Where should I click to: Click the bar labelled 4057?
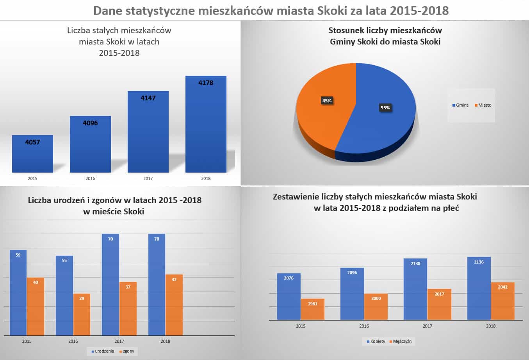[32, 154]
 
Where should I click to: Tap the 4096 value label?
[90, 123]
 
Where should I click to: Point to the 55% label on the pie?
[385, 108]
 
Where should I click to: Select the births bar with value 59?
[18, 292]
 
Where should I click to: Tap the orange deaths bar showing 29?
[82, 314]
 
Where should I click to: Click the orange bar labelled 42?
[174, 305]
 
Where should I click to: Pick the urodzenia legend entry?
[102, 351]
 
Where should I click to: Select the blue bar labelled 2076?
[289, 297]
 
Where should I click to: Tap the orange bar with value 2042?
[502, 301]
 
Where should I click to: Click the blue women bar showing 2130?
[415, 289]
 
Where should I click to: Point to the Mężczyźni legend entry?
[401, 341]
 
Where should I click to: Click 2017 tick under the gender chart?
[427, 326]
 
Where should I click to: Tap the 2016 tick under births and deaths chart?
[73, 341]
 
